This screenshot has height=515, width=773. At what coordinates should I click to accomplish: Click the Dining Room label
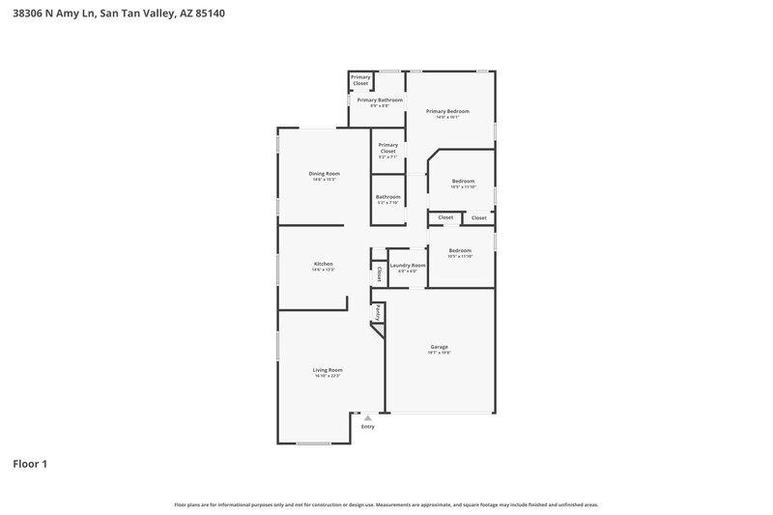tap(325, 173)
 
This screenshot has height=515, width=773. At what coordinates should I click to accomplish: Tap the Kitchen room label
tap(323, 264)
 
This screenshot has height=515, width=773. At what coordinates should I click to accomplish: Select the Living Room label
tap(328, 369)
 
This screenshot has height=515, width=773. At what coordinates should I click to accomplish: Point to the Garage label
tap(440, 346)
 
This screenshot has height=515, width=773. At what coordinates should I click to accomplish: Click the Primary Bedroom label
tap(447, 111)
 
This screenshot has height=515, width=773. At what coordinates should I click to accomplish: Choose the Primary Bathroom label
tap(380, 100)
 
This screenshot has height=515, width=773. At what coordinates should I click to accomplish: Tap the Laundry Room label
tap(407, 265)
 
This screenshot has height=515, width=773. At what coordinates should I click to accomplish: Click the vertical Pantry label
tap(378, 313)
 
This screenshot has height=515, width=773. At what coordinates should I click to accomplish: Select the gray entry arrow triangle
tap(367, 417)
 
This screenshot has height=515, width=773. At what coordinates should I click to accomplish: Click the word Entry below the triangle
tap(367, 426)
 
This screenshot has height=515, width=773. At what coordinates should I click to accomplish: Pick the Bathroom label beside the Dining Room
tap(387, 196)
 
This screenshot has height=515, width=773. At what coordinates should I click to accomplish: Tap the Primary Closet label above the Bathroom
tap(387, 148)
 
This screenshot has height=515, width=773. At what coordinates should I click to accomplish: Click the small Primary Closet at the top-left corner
tap(360, 80)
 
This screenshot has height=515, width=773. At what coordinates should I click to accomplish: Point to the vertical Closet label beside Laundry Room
tap(379, 274)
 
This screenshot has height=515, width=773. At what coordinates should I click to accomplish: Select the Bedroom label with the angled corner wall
tap(464, 181)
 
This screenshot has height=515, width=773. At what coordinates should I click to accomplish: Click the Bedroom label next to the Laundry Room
tap(460, 250)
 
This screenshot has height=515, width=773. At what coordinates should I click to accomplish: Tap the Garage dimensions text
tap(440, 353)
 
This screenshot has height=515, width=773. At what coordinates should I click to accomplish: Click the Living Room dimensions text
tap(328, 376)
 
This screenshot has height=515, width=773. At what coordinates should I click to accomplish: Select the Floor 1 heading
tap(30, 464)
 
